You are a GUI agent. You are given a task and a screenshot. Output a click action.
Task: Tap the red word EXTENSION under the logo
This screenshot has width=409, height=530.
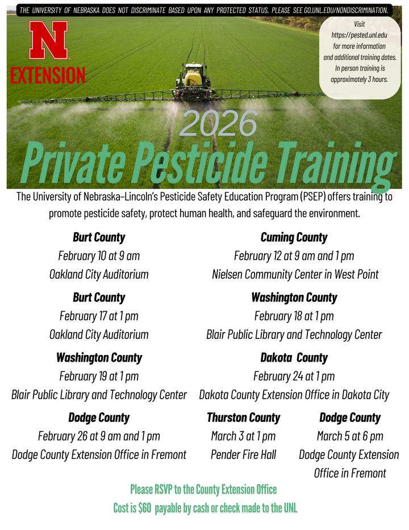pyautogui.click(x=48, y=74)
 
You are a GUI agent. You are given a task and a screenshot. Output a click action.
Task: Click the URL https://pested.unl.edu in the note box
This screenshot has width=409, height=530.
pyautogui.click(x=359, y=35)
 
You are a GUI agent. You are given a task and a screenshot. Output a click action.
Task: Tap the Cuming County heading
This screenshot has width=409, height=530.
pyautogui.click(x=294, y=237)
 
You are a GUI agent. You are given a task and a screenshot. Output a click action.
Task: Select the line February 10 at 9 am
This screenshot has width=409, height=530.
pyautogui.click(x=99, y=256)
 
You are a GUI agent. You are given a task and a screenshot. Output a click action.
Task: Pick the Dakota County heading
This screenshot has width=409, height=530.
pyautogui.click(x=294, y=358)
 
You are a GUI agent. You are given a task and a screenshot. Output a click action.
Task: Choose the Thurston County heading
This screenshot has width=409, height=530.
pyautogui.click(x=243, y=418)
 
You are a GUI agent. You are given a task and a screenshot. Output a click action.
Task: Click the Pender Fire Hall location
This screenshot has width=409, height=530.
pyautogui.click(x=243, y=454)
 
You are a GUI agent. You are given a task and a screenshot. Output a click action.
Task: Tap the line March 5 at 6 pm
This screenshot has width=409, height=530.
pyautogui.click(x=350, y=436)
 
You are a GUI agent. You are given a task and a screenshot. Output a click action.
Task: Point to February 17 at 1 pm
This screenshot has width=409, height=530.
pyautogui.click(x=99, y=316)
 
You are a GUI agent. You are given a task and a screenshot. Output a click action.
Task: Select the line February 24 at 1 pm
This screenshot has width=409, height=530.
pyautogui.click(x=294, y=376)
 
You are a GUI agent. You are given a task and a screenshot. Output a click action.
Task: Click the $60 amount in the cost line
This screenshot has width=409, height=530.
pyautogui.click(x=144, y=508)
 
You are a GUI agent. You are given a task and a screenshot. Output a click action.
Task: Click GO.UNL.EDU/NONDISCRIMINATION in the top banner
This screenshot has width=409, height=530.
pyautogui.click(x=347, y=10)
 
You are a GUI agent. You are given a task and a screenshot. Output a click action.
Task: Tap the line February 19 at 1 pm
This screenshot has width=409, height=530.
pyautogui.click(x=99, y=376)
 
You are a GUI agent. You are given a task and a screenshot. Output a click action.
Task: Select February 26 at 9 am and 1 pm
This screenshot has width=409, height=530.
pyautogui.click(x=99, y=436)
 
